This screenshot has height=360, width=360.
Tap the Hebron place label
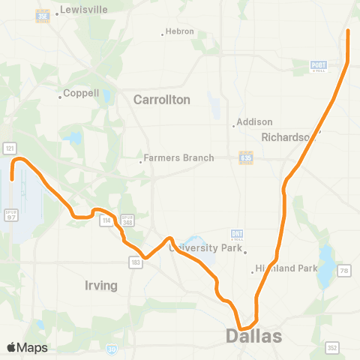coord(180,31)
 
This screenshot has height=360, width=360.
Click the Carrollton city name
coord(161,99)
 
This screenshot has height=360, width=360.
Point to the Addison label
coord(254,121)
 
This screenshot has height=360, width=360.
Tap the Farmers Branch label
coord(178,158)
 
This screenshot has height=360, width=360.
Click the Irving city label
coord(101,286)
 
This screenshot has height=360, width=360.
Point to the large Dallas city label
coord(253,336)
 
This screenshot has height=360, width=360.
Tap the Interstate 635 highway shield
coord(245,157)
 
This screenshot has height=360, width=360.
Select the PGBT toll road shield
coord(319,66)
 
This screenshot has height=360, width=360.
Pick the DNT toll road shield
coord(238,235)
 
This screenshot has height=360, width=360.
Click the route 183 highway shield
coord(133,262)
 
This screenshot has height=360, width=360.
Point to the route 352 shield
coord(331,347)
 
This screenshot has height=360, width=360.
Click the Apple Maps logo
coord(27,347)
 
